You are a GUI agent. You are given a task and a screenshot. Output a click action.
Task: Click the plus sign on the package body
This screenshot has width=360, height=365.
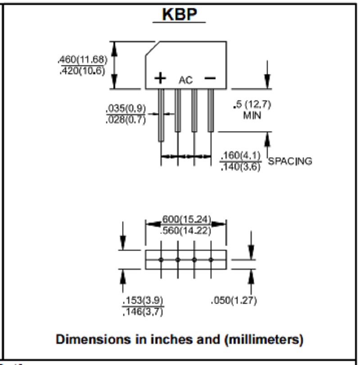click(160, 78)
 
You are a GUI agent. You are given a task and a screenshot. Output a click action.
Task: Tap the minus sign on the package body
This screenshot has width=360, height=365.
click(210, 78)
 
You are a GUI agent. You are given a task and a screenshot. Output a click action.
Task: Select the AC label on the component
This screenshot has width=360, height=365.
click(185, 80)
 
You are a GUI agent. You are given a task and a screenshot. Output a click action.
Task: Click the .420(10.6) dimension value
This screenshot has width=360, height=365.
click(82, 71)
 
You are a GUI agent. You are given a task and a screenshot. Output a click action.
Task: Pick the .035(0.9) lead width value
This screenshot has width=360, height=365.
click(126, 108)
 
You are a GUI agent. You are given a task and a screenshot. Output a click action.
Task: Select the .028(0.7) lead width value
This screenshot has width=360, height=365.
click(126, 120)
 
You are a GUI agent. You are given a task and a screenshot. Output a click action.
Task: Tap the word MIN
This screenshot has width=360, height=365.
click(252, 115)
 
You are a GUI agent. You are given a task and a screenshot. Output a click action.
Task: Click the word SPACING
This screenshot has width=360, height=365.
click(290, 161)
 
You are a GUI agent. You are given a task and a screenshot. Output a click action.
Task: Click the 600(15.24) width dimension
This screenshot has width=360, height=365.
click(186, 219)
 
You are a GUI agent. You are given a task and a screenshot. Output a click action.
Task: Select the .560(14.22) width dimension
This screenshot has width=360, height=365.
click(185, 230)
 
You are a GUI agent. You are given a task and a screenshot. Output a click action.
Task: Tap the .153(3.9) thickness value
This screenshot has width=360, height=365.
click(143, 300)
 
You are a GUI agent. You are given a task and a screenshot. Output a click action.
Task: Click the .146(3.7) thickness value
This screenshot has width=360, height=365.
click(143, 311)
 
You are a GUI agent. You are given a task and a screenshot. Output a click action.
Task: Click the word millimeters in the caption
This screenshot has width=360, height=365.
click(262, 339)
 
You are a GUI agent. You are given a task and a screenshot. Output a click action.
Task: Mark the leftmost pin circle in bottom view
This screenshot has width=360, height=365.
click(161, 260)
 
